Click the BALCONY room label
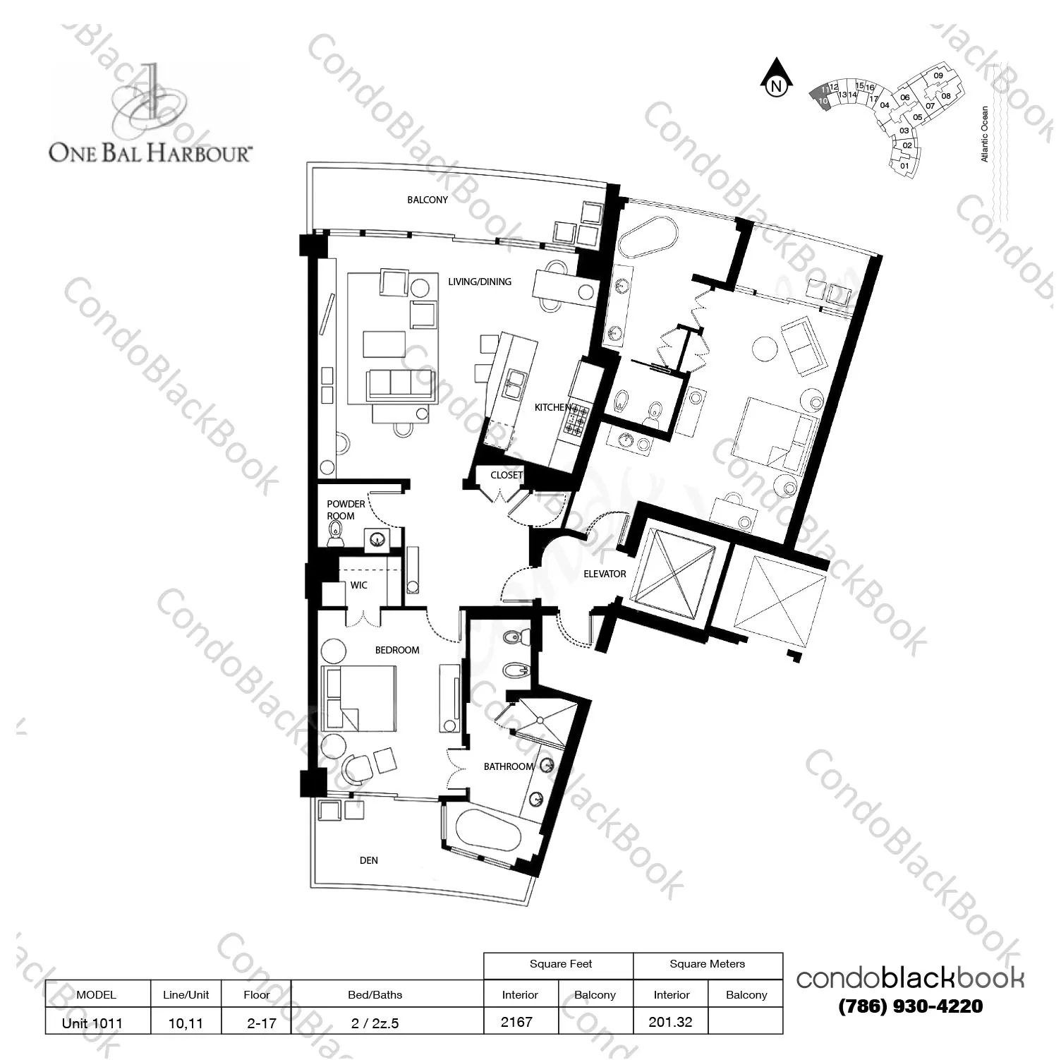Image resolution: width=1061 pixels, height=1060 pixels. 428,200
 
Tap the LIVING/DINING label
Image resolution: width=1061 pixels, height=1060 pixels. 480,282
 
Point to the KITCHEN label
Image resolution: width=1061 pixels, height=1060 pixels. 553,407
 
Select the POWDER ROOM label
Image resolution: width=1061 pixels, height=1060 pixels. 346,510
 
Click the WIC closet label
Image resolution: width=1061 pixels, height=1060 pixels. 359,585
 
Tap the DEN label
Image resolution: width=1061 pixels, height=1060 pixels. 369,860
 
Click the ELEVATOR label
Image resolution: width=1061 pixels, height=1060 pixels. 605,574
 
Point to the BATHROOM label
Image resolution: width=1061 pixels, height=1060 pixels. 509,766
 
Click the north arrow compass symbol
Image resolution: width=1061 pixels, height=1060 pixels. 776,79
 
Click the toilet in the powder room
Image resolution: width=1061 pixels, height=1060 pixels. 335,538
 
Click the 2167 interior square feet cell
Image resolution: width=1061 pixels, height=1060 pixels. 516,1021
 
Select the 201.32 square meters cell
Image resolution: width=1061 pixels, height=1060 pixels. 670,1021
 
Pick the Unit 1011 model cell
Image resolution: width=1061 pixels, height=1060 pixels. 92,1023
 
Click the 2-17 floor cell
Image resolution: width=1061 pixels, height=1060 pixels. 262,1023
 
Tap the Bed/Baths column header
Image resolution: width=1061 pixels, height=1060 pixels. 375,995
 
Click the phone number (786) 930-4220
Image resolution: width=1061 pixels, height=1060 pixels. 911,1006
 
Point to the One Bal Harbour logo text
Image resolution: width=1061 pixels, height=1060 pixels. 150,152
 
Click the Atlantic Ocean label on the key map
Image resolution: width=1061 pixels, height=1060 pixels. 985,134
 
